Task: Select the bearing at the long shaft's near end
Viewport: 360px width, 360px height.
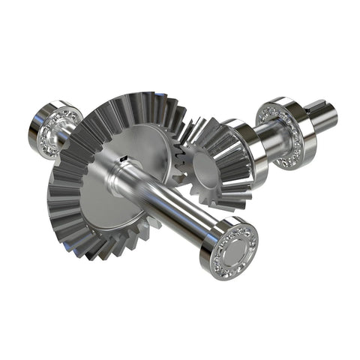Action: [229, 249]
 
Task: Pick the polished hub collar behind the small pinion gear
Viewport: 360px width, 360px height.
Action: [247, 150]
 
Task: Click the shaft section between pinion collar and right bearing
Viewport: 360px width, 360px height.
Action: [266, 139]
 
